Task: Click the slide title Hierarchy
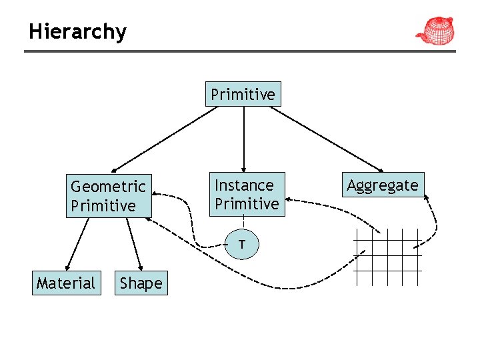77,31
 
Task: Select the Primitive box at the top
243,95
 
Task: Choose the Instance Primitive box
247,195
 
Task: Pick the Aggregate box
383,185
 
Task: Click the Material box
66,283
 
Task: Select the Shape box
141,283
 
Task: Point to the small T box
243,245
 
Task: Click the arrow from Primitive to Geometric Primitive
163,140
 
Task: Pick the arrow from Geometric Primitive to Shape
134,243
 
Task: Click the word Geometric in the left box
108,186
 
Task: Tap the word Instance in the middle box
244,185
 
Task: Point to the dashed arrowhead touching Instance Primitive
293,199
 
